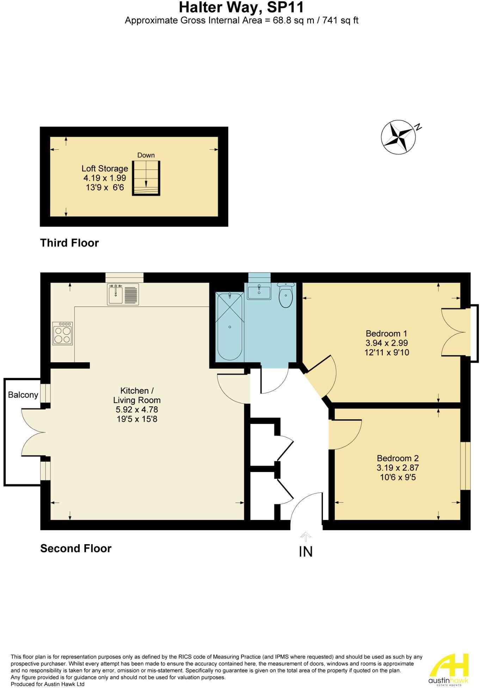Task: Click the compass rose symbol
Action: point(398,137)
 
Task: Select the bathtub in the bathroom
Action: point(229,326)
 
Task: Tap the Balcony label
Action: point(23,395)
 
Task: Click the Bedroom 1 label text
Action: point(386,333)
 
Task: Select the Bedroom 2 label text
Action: point(398,458)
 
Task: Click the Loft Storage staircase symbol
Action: point(146,178)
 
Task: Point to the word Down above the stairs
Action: point(146,155)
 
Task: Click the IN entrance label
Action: point(306,552)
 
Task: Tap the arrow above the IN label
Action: point(306,536)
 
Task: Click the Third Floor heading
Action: point(69,243)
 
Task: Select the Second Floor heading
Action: point(76,548)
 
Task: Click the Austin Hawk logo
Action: point(448,669)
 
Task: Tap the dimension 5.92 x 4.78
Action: point(137,410)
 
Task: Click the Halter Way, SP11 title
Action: point(241,7)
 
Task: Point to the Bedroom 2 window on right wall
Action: point(466,466)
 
